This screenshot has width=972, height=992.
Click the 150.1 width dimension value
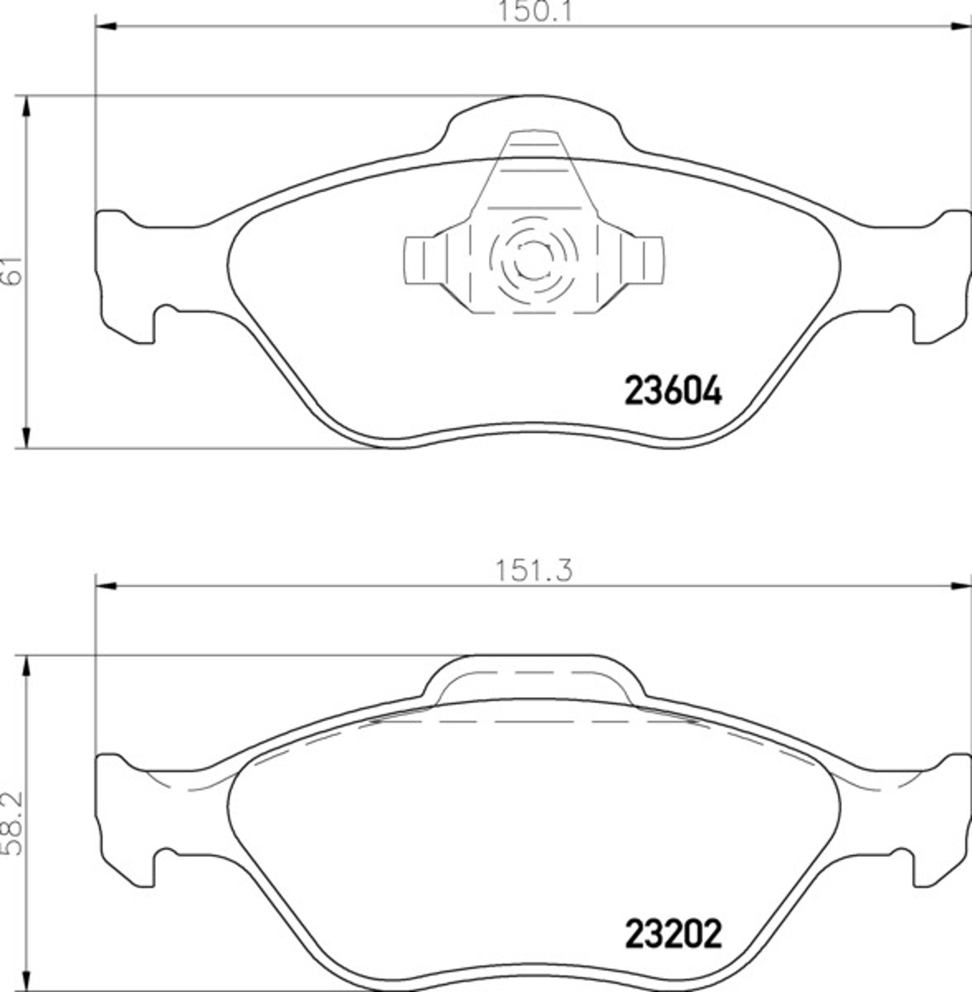[x=534, y=11]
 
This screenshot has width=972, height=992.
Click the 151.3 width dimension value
[x=534, y=570]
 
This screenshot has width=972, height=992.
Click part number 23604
[x=673, y=391]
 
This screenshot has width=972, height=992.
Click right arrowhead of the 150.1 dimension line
[x=961, y=26]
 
